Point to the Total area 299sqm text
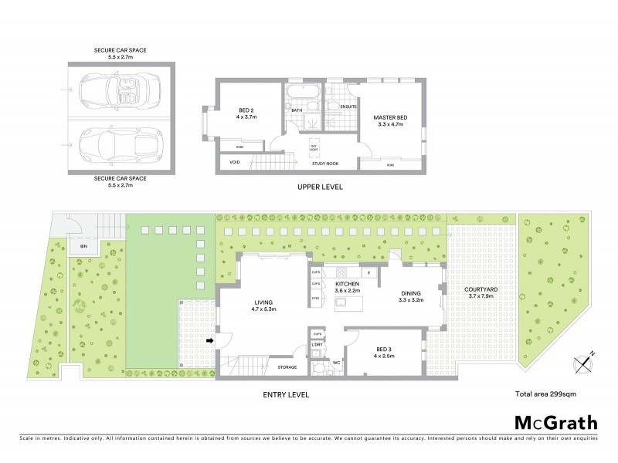(x=545, y=394)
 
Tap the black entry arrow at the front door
(x=209, y=340)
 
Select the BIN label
(x=83, y=247)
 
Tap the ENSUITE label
(x=338, y=106)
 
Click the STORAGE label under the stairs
(x=288, y=367)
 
